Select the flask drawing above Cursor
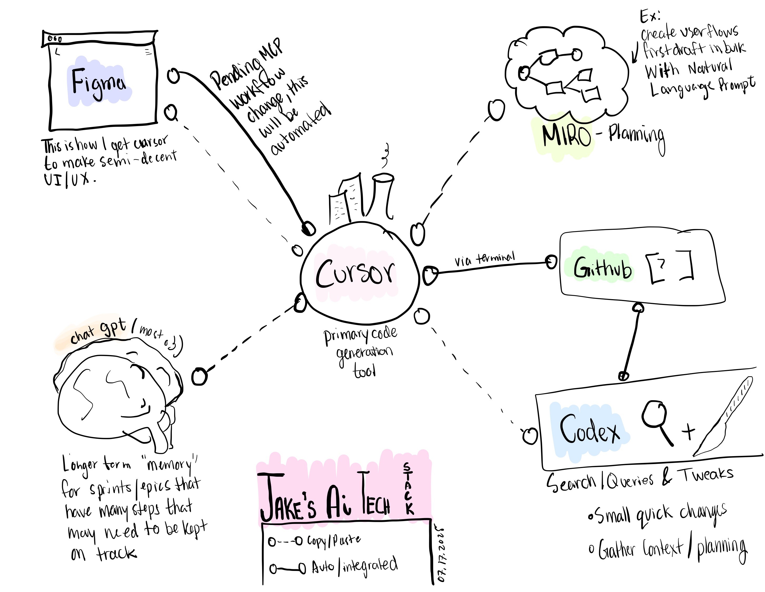[383, 195]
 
